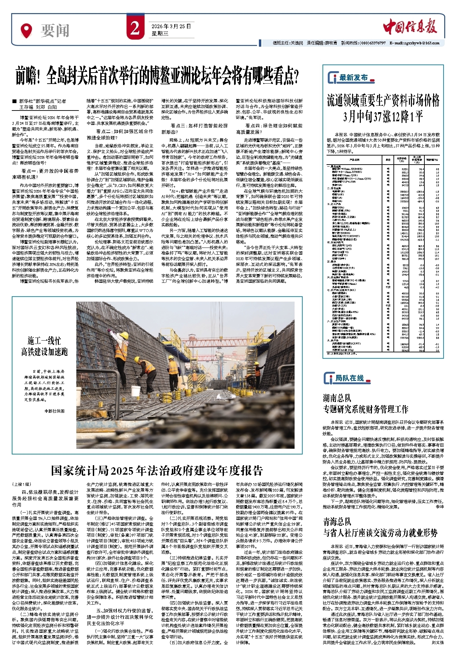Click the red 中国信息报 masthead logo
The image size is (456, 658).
click(x=410, y=27)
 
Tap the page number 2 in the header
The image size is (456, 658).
click(x=135, y=28)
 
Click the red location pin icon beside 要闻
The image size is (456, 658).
click(x=26, y=30)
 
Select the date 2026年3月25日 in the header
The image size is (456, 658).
click(x=171, y=26)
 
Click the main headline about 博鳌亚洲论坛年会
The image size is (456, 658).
click(x=157, y=77)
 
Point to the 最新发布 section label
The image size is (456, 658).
click(x=353, y=78)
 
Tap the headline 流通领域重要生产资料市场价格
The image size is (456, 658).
click(x=383, y=101)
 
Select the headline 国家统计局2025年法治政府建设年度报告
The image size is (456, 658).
click(x=157, y=471)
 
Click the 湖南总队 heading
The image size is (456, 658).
click(x=337, y=398)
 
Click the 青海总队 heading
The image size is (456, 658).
click(x=337, y=522)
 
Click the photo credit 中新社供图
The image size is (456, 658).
click(x=54, y=411)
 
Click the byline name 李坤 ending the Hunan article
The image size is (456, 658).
click(x=439, y=507)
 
